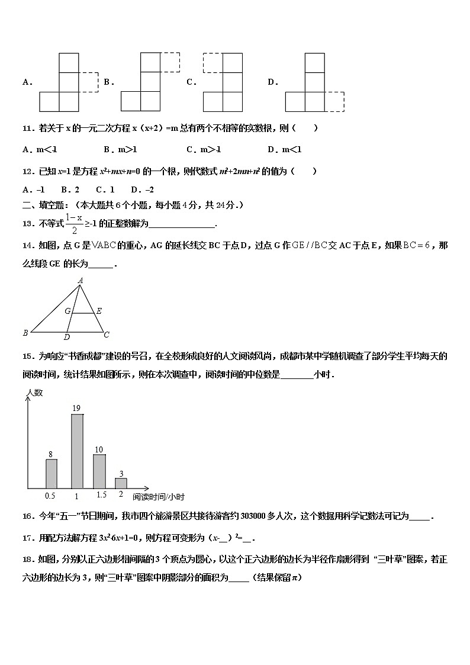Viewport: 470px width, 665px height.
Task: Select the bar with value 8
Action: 51,473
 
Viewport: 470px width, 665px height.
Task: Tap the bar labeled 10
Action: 99,471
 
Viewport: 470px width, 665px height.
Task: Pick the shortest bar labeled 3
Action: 121,483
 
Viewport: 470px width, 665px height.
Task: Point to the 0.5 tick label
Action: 51,495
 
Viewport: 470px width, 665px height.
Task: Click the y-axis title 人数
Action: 36,393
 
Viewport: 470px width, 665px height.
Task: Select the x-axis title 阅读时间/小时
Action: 159,497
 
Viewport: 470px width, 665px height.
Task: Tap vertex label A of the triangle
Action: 80,281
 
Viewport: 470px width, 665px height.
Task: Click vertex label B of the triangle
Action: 25,333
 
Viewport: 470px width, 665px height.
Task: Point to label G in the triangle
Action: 67,311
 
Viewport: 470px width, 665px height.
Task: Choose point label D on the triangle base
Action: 67,338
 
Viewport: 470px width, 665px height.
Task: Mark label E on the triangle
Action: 99,311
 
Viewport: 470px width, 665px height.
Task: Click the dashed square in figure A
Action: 89,82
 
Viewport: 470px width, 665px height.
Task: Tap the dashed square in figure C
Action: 213,63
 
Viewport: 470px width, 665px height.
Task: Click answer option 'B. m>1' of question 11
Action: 120,150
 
